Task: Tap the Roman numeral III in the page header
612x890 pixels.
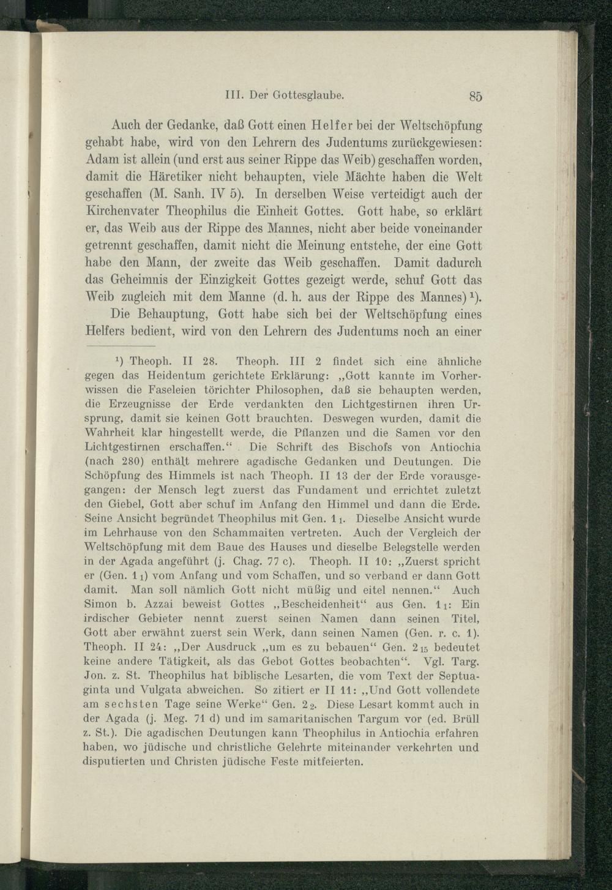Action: tap(235, 95)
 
